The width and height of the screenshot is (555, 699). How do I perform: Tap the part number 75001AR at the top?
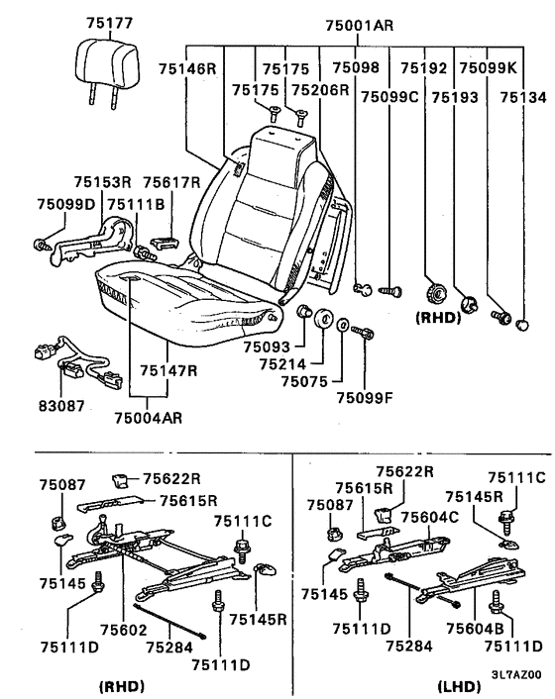click(x=360, y=25)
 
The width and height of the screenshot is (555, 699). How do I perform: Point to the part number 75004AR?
click(x=148, y=418)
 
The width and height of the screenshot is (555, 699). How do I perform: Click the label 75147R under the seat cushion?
click(x=168, y=370)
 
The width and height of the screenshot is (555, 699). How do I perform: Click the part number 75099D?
click(x=66, y=204)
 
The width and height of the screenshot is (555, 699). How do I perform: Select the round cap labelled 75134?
click(x=522, y=325)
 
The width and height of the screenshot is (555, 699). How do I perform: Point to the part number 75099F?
click(x=365, y=397)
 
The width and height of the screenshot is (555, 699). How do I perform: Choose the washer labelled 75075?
click(x=342, y=325)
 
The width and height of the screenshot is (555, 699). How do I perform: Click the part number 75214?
click(x=282, y=364)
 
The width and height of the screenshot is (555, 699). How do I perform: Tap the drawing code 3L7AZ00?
click(x=516, y=673)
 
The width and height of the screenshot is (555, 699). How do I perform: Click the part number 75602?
click(x=123, y=630)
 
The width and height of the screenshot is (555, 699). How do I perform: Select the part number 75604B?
click(x=475, y=628)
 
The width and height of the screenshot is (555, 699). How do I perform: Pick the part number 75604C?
click(x=430, y=517)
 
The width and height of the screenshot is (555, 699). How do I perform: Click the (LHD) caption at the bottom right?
click(x=460, y=686)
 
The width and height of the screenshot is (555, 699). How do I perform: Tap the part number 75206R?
click(x=320, y=90)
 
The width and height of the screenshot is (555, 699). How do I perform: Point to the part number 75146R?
click(x=187, y=68)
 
